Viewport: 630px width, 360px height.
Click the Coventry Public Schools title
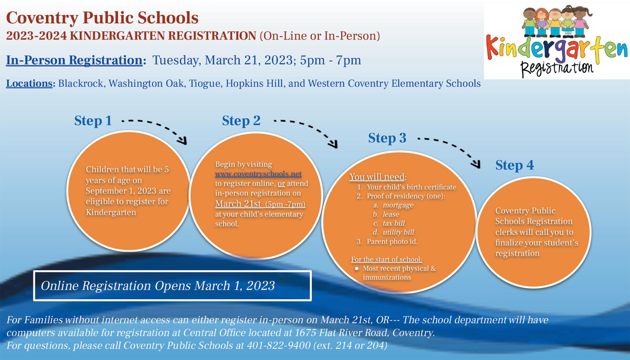click(102, 18)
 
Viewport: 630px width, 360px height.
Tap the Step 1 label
click(93, 121)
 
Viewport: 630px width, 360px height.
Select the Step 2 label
click(241, 121)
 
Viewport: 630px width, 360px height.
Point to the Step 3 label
click(387, 138)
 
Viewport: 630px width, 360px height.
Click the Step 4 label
click(514, 165)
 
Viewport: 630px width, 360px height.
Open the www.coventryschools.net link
click(258, 174)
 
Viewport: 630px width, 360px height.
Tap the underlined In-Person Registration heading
click(74, 60)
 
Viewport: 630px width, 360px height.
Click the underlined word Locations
click(29, 83)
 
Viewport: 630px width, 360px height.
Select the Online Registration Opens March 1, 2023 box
click(172, 286)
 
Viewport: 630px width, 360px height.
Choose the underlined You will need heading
click(377, 177)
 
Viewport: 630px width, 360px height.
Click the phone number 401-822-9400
click(279, 346)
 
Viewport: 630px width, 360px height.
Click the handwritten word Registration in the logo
click(557, 67)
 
